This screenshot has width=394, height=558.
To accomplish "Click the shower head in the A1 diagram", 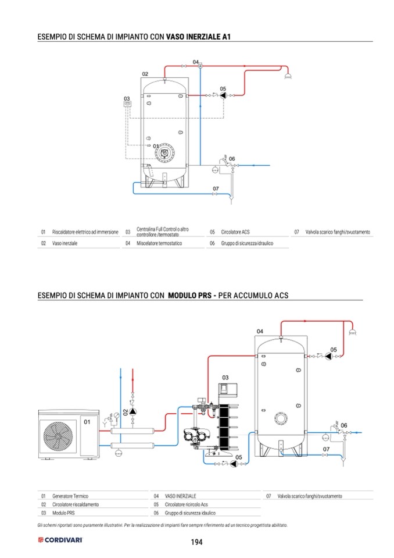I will pyautogui.click(x=287, y=76).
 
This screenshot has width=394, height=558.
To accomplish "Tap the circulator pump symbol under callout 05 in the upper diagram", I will pyautogui.click(x=223, y=95).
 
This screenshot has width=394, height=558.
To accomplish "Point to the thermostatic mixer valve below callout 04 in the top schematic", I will pyautogui.click(x=200, y=66).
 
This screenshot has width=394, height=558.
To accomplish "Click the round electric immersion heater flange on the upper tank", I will pyautogui.click(x=165, y=152).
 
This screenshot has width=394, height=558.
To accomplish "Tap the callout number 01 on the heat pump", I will pyautogui.click(x=87, y=421).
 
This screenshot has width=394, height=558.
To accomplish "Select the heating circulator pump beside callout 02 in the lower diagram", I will pyautogui.click(x=133, y=411).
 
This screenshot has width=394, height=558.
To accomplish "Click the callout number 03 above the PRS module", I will pyautogui.click(x=225, y=377).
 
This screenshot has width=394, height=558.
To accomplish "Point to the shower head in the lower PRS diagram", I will pyautogui.click(x=352, y=332).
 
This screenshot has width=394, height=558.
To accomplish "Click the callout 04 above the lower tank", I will pyautogui.click(x=260, y=330).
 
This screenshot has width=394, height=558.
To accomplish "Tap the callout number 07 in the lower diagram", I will pyautogui.click(x=326, y=449).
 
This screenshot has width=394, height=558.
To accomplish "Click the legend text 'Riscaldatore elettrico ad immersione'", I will pyautogui.click(x=85, y=232).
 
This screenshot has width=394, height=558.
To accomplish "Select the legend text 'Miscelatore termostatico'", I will pyautogui.click(x=159, y=244).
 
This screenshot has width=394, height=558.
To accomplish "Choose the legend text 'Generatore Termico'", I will pyautogui.click(x=70, y=496).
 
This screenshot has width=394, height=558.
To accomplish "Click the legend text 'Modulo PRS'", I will pyautogui.click(x=63, y=514).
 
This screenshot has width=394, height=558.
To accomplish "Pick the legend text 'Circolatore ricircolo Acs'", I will pyautogui.click(x=187, y=505).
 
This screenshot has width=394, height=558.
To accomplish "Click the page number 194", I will pyautogui.click(x=196, y=542).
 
